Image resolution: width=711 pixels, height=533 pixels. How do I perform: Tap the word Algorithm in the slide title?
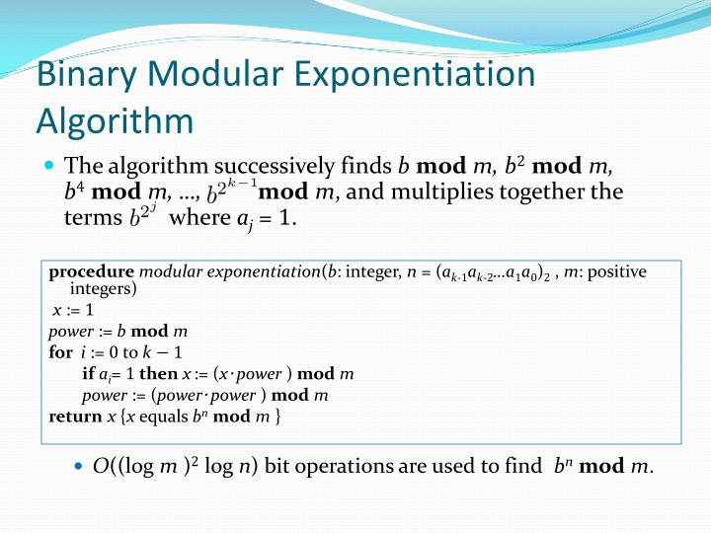[115, 120]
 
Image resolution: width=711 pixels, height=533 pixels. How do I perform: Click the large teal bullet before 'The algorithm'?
[49, 165]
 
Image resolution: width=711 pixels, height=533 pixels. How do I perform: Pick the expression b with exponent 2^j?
[143, 215]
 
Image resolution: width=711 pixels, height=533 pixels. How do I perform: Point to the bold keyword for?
[60, 352]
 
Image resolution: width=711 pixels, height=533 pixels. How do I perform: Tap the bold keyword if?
[89, 374]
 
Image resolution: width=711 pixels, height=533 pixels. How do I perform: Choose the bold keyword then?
[157, 374]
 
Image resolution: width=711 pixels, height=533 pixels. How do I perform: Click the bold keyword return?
[75, 417]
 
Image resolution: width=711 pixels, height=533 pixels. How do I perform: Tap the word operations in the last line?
[335, 465]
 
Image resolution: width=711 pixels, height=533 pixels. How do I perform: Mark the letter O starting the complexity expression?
[100, 465]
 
